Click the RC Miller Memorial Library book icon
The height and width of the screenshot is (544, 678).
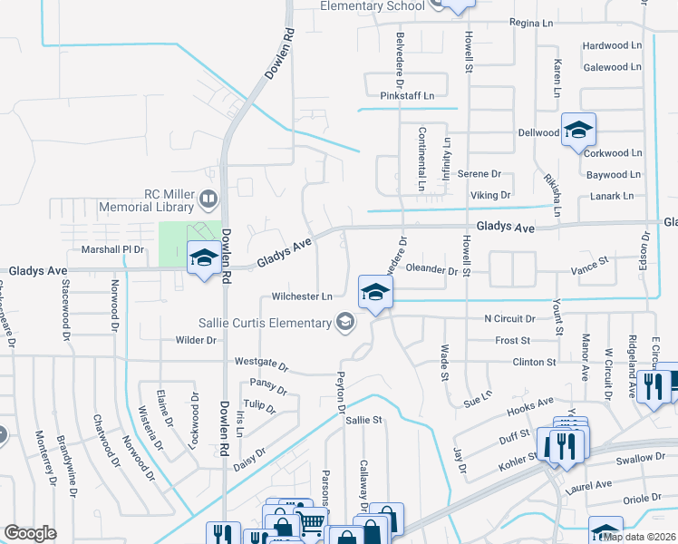tap(208, 198)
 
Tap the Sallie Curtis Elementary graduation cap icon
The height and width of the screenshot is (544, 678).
tap(344, 321)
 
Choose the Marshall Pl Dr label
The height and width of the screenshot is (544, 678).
tap(113, 249)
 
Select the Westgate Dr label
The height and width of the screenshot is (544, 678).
tap(261, 364)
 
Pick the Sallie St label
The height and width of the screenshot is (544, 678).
tap(365, 420)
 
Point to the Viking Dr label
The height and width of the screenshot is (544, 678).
tap(491, 195)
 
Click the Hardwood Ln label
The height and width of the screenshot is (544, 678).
tap(612, 45)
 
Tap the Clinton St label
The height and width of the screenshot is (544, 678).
tap(534, 362)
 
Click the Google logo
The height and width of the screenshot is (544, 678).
tap(31, 532)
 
